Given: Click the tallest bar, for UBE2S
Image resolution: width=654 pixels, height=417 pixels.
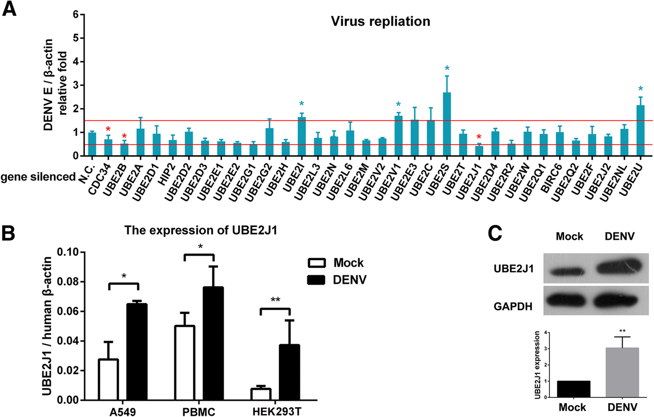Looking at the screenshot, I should pos(446,125).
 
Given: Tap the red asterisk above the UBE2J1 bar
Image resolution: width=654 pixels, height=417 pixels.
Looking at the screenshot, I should pos(479,137).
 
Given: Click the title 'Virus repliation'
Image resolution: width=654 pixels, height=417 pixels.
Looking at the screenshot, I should pos(381,21).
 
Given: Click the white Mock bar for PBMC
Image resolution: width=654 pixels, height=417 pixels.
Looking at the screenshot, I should pos(184,363).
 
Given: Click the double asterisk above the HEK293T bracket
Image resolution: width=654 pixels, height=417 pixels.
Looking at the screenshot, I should pos(275,300).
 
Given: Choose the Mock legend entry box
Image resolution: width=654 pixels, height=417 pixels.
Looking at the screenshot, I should pos(317,263).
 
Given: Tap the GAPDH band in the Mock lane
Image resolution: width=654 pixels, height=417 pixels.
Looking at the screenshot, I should pos(569,301).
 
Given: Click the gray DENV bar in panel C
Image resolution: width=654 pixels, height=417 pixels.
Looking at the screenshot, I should pos(622,373).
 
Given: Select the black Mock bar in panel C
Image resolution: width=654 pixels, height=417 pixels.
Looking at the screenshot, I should pos(573,389).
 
